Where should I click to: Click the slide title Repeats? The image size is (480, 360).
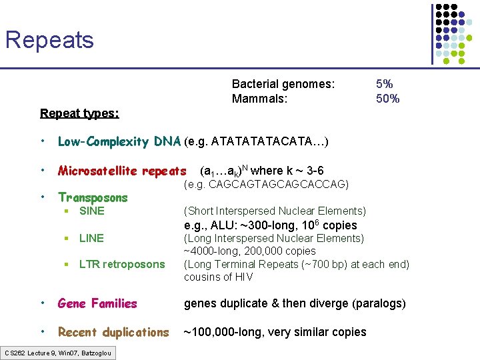click(x=49, y=40)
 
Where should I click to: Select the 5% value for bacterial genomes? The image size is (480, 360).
click(x=384, y=84)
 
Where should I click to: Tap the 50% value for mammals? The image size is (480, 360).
click(x=387, y=99)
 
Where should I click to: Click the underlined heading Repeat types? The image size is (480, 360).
click(x=79, y=113)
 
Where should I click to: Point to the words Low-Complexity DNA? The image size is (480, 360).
click(x=119, y=141)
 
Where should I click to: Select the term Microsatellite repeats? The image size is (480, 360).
click(x=122, y=171)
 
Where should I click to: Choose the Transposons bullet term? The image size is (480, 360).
click(x=93, y=197)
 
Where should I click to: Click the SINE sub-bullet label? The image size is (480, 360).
click(x=91, y=211)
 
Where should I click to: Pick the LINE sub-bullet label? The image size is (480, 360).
click(x=91, y=238)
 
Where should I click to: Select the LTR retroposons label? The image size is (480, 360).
click(x=122, y=264)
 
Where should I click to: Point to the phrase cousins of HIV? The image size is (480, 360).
click(x=219, y=277)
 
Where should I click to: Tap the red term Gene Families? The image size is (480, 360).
click(x=97, y=303)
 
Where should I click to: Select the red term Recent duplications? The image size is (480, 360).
click(x=113, y=332)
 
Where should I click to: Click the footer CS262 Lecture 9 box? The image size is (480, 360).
click(x=58, y=352)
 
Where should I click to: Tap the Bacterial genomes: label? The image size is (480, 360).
click(x=283, y=84)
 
